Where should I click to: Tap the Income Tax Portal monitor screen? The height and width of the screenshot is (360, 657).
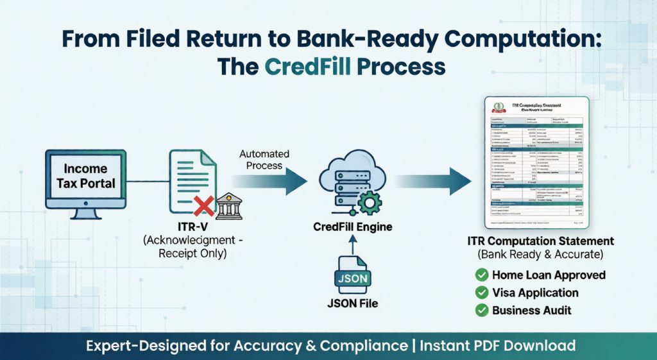coord(85,176)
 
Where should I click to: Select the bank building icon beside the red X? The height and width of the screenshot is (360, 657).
coord(228,206)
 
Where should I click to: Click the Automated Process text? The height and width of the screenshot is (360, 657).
coord(264,160)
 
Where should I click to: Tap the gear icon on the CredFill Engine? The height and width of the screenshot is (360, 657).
coord(368,202)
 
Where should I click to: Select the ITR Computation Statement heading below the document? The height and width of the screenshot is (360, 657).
coord(540,241)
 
